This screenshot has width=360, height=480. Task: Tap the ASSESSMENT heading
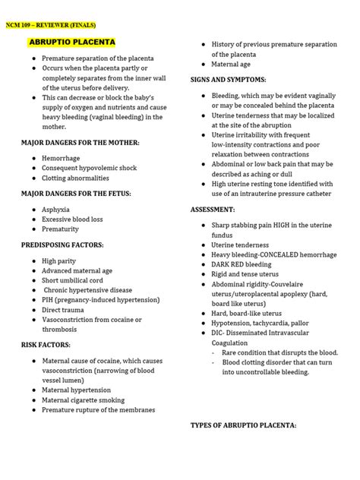(213, 208)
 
